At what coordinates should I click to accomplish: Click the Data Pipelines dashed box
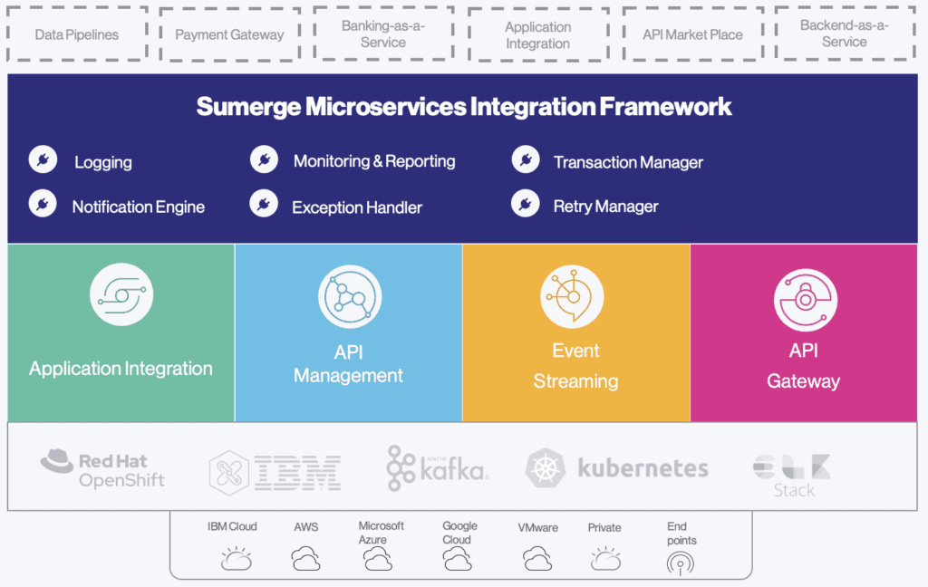(77, 34)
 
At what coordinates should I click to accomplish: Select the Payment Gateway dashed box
(229, 34)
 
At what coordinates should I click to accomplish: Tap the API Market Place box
(692, 34)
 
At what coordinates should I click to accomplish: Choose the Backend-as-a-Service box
(845, 34)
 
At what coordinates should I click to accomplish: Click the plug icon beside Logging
(43, 161)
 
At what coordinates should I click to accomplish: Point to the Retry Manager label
(605, 207)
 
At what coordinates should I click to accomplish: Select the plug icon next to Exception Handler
(264, 205)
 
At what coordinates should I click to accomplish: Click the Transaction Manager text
(628, 162)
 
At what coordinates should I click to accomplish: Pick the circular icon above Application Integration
(121, 295)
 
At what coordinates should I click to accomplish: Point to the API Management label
(349, 363)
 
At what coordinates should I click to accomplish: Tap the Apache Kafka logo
(437, 468)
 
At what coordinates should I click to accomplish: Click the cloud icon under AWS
(306, 560)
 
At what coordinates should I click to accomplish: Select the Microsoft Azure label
(381, 533)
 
